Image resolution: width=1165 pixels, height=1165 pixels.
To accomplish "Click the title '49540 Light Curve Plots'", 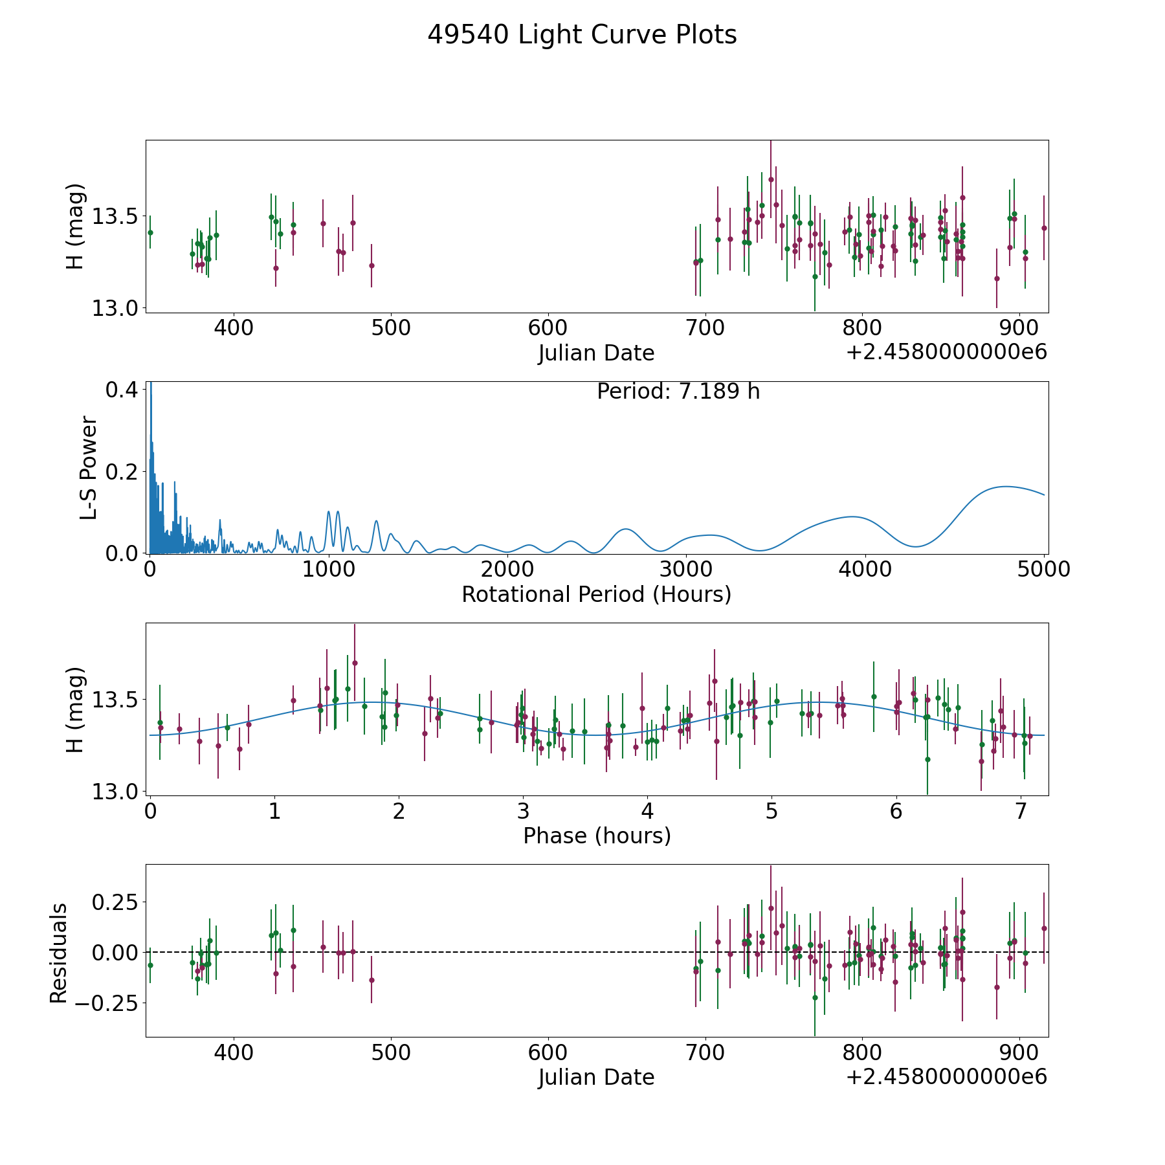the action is pyautogui.click(x=582, y=35).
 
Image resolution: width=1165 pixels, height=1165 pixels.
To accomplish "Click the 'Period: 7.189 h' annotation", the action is pyautogui.click(x=678, y=392).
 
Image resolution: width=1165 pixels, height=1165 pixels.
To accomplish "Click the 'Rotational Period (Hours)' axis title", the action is pyautogui.click(x=596, y=594).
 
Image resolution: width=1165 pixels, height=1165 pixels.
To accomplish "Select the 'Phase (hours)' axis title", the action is pyautogui.click(x=597, y=836).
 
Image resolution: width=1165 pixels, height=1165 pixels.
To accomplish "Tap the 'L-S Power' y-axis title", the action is pyautogui.click(x=89, y=468).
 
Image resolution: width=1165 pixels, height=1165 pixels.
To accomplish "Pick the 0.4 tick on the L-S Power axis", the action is pyautogui.click(x=122, y=390).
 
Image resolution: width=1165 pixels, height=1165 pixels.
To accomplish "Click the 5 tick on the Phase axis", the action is pyautogui.click(x=771, y=811).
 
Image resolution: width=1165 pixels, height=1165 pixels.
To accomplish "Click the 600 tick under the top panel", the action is pyautogui.click(x=548, y=328).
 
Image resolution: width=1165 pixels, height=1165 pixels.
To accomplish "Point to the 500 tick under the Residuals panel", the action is pyautogui.click(x=390, y=1052).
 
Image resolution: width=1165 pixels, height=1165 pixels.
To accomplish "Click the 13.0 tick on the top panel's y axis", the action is pyautogui.click(x=115, y=309).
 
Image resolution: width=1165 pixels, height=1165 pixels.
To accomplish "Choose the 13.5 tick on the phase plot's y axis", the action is pyautogui.click(x=115, y=700).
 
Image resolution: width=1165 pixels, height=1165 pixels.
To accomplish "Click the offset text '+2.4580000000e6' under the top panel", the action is pyautogui.click(x=946, y=353).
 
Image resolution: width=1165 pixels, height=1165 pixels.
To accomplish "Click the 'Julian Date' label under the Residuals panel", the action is pyautogui.click(x=596, y=1077).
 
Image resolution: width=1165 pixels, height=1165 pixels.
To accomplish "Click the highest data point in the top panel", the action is pyautogui.click(x=771, y=179).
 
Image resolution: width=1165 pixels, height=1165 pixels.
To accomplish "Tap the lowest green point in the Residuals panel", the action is pyautogui.click(x=815, y=997).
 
